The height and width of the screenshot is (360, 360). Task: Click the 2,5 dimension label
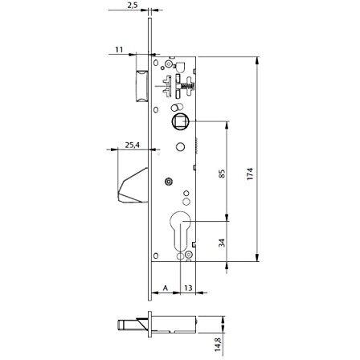[133, 6]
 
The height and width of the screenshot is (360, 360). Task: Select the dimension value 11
[119, 50]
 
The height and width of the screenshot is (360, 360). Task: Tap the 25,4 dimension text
[133, 145]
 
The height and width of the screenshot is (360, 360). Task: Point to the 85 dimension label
[223, 174]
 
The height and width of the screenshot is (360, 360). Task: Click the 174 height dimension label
[250, 174]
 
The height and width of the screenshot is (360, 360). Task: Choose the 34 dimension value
[222, 243]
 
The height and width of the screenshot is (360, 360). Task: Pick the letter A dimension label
[166, 288]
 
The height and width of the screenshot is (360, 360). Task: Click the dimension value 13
[188, 288]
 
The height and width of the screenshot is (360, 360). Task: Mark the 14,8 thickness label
[218, 344]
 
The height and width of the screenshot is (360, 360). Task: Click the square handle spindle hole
[181, 122]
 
